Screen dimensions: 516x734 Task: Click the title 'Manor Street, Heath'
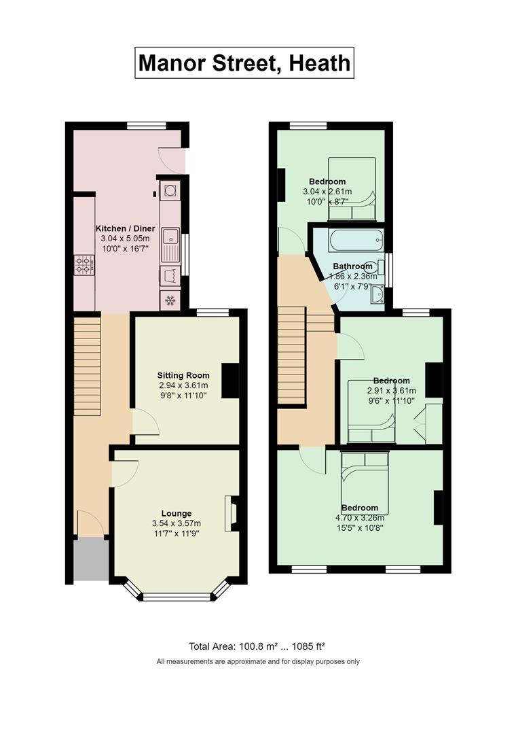click(x=244, y=63)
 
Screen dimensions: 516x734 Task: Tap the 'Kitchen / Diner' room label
click(x=126, y=228)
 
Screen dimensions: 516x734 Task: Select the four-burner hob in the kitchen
click(x=84, y=265)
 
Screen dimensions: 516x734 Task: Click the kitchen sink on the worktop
click(x=170, y=245)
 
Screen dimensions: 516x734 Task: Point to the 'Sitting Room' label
click(x=183, y=375)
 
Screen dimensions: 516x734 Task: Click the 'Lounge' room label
click(x=177, y=514)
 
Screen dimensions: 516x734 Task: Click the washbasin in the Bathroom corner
click(x=377, y=294)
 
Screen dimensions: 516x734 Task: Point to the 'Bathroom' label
click(x=353, y=266)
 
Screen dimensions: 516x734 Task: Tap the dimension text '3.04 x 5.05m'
click(x=126, y=239)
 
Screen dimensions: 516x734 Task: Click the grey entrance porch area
click(x=91, y=559)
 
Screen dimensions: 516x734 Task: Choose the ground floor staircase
click(x=88, y=366)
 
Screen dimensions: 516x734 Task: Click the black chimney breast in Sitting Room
click(x=230, y=381)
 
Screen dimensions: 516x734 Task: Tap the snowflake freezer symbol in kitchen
click(x=170, y=300)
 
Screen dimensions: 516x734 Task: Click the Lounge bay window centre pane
click(x=177, y=597)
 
